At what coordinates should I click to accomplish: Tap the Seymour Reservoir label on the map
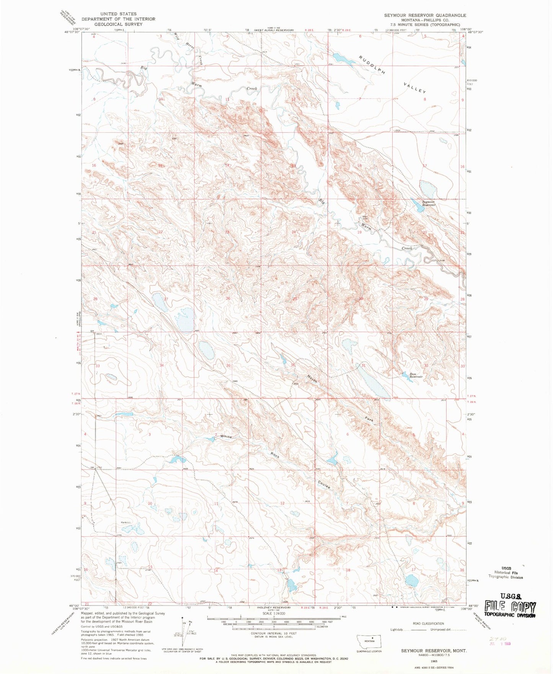(429, 204)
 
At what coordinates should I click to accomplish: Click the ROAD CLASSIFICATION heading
(428, 624)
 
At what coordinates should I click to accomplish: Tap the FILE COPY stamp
(510, 607)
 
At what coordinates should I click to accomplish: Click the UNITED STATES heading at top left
(118, 14)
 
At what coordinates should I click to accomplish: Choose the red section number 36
(293, 365)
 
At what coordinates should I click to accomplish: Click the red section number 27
(166, 299)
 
